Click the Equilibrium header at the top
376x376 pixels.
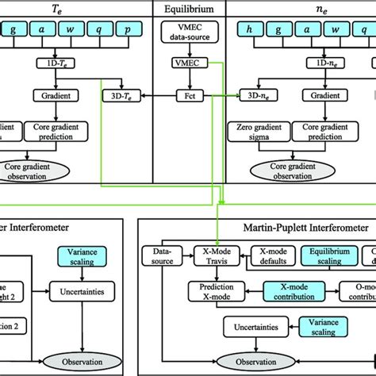(188, 10)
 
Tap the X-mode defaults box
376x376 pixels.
(273, 256)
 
